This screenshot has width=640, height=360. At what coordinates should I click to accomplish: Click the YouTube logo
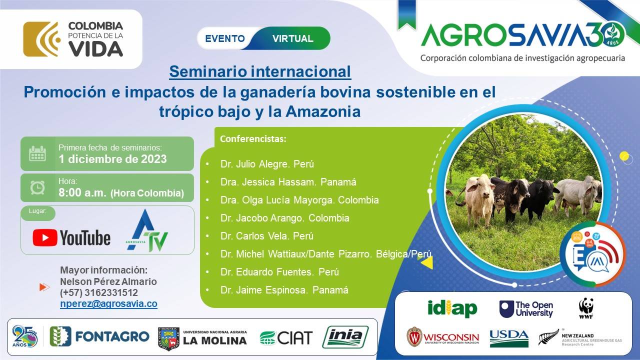pos(71,237)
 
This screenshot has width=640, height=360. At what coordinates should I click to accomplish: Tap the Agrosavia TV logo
pos(147,231)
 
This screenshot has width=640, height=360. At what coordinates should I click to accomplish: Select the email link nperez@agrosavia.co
pos(108,304)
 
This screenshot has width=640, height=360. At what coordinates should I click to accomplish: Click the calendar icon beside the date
pos(37,154)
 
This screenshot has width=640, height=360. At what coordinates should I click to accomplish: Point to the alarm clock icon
pos(37,187)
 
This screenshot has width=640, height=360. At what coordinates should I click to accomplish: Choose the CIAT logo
pos(286,337)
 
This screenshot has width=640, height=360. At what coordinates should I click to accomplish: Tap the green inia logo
pos(345,336)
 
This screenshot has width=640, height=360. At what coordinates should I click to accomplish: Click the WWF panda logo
pos(586,307)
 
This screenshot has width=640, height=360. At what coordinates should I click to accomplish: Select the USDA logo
pos(509,337)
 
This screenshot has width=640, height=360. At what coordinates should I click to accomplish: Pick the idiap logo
pos(452,308)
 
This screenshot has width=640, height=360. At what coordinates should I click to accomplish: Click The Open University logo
pos(526,309)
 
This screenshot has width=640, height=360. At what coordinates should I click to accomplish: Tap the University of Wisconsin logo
pos(442,337)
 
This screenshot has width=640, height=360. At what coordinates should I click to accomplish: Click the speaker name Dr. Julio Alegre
pos(267,164)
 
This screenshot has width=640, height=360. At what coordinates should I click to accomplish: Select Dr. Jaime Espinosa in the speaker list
pos(284,290)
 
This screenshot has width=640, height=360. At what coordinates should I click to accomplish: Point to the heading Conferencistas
pos(253,139)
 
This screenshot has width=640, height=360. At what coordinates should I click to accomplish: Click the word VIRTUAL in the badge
pos(293,38)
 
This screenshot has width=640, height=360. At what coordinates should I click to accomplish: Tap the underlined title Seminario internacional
pos(260,71)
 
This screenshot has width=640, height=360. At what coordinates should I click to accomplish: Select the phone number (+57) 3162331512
pos(99,293)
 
